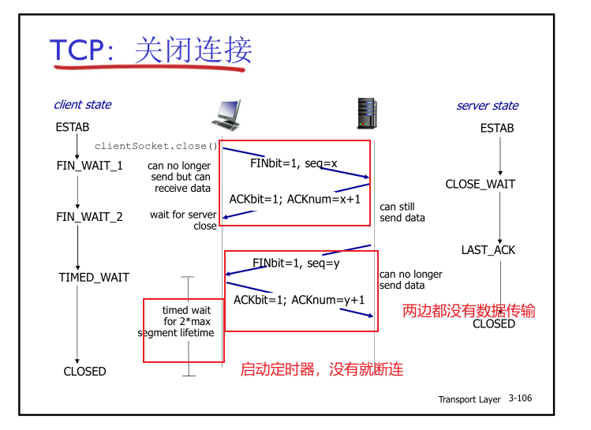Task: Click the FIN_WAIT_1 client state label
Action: (89, 166)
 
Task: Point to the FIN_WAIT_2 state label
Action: (89, 216)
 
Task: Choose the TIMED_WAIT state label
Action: (94, 278)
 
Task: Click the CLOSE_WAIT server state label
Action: (481, 184)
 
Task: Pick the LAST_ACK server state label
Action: (488, 250)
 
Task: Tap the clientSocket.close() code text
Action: (155, 147)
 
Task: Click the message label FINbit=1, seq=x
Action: (294, 163)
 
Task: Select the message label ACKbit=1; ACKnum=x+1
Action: (295, 199)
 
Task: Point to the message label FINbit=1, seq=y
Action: (296, 263)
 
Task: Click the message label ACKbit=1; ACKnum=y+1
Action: (299, 300)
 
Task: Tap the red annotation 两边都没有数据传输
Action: (469, 311)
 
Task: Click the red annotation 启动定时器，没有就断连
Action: (321, 369)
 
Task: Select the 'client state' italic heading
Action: (82, 105)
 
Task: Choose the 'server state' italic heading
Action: (487, 106)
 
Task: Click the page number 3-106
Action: (520, 398)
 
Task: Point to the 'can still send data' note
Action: (402, 212)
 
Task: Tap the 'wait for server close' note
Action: (183, 220)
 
